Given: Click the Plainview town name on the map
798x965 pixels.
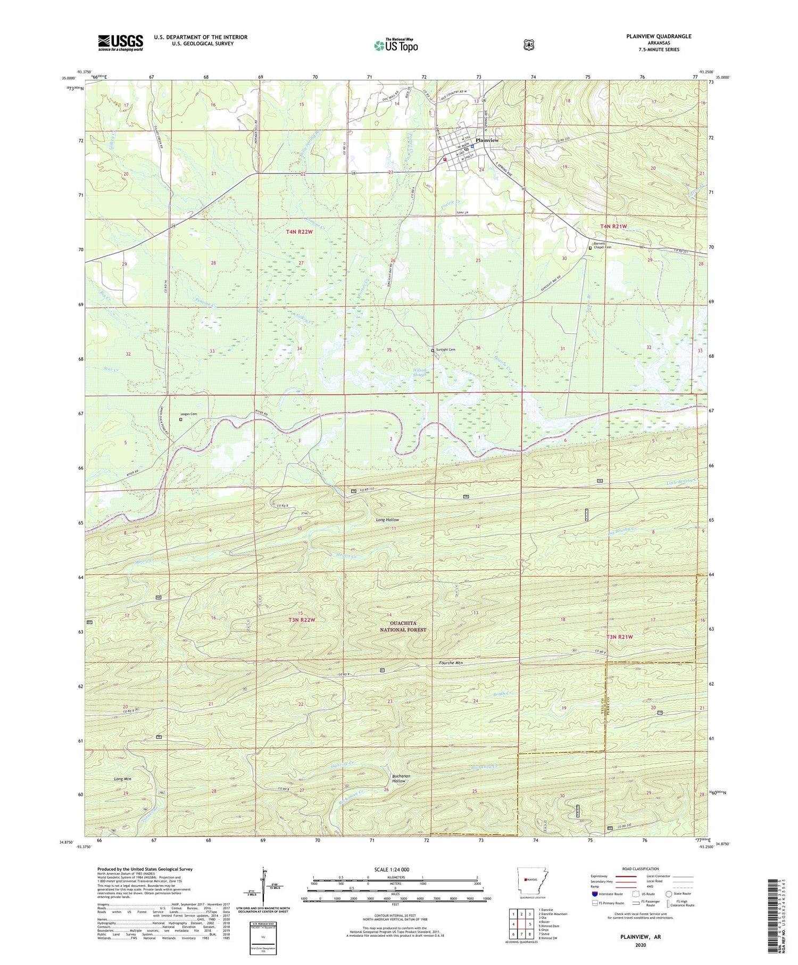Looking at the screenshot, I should [x=487, y=140].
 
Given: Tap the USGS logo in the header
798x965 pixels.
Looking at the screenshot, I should [x=120, y=43].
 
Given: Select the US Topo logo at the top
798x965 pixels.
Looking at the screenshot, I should [x=396, y=45].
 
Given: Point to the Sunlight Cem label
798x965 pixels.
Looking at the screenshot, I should [x=446, y=350].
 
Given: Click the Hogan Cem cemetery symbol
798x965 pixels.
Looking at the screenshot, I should [x=180, y=419].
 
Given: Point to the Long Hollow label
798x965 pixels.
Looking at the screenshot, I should [x=387, y=519].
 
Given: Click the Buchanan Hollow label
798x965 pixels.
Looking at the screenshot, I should [x=401, y=778].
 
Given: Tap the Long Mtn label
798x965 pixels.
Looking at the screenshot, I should [x=122, y=779].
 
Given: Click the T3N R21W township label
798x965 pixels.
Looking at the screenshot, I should [x=620, y=637].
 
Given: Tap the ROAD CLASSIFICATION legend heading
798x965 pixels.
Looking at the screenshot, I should [x=638, y=869].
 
